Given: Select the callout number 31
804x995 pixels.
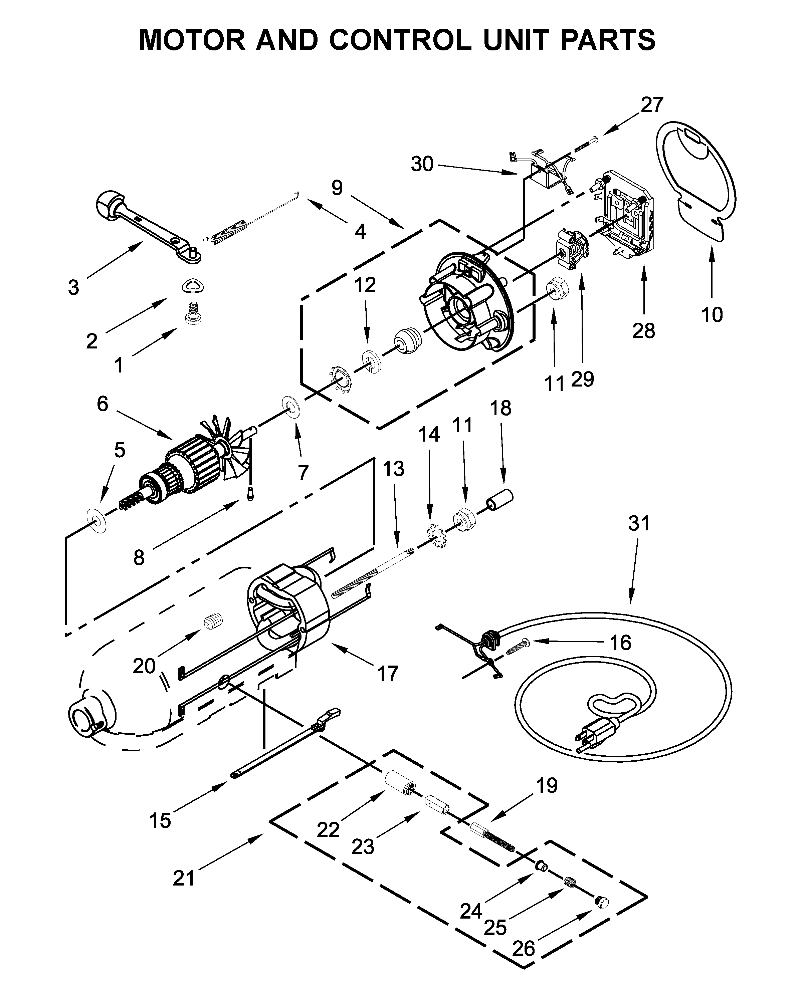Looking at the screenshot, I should point(639,523).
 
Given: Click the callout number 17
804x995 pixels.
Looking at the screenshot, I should point(388,674).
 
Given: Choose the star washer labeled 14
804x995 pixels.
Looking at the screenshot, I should point(438,535).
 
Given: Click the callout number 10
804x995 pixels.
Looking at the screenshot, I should point(712,315).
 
